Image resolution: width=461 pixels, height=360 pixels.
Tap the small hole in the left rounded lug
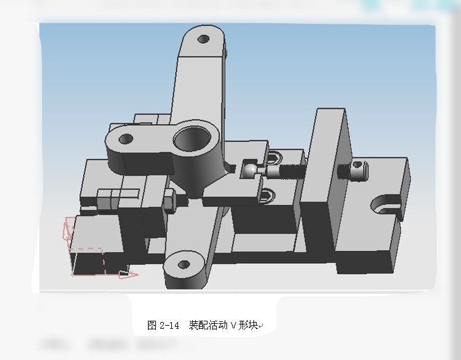[126, 139]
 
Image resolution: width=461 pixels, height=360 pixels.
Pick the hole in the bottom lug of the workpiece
[183, 266]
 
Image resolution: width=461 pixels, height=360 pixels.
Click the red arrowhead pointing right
[129, 274]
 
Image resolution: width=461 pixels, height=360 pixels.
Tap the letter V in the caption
[233, 326]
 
